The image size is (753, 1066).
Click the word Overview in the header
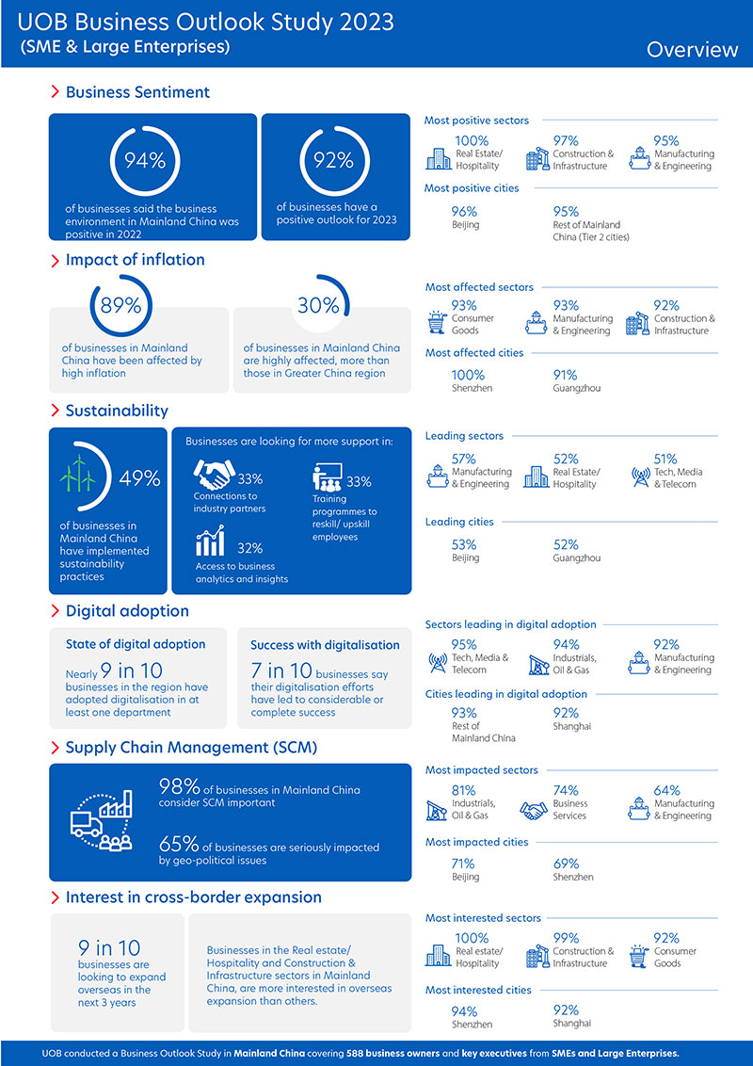[692, 49]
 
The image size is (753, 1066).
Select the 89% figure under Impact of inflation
[121, 305]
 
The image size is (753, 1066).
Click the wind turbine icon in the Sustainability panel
[78, 472]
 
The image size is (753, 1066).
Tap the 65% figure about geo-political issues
[179, 846]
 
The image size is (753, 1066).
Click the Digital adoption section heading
[127, 610]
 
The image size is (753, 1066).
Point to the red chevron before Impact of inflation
[56, 260]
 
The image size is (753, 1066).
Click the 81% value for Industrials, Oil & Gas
[463, 790]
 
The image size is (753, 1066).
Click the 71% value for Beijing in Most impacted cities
[463, 863]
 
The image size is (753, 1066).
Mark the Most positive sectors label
[476, 121]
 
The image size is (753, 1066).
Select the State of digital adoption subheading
[136, 644]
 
